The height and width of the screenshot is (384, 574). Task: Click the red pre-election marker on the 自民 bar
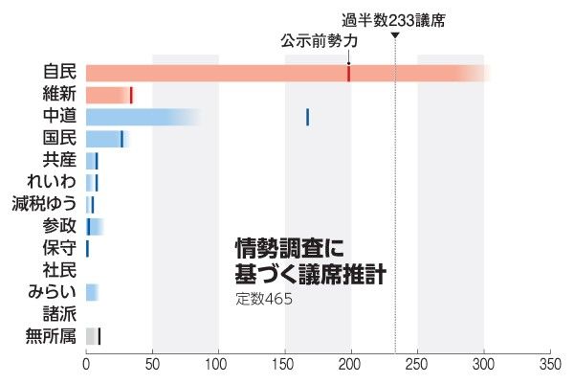[x=348, y=73]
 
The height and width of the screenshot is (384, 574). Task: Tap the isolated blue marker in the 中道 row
[x=307, y=117]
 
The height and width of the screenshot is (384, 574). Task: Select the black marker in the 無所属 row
[x=99, y=336]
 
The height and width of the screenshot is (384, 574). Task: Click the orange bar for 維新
[x=107, y=95]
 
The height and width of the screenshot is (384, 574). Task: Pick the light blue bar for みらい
[x=92, y=292]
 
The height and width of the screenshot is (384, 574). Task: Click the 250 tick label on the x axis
[x=417, y=365]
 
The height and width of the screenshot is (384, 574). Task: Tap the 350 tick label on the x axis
[x=549, y=365]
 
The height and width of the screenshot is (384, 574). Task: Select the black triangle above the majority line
[x=395, y=36]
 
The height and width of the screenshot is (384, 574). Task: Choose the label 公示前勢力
[x=320, y=42]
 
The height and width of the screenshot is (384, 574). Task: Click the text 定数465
[x=264, y=299]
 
